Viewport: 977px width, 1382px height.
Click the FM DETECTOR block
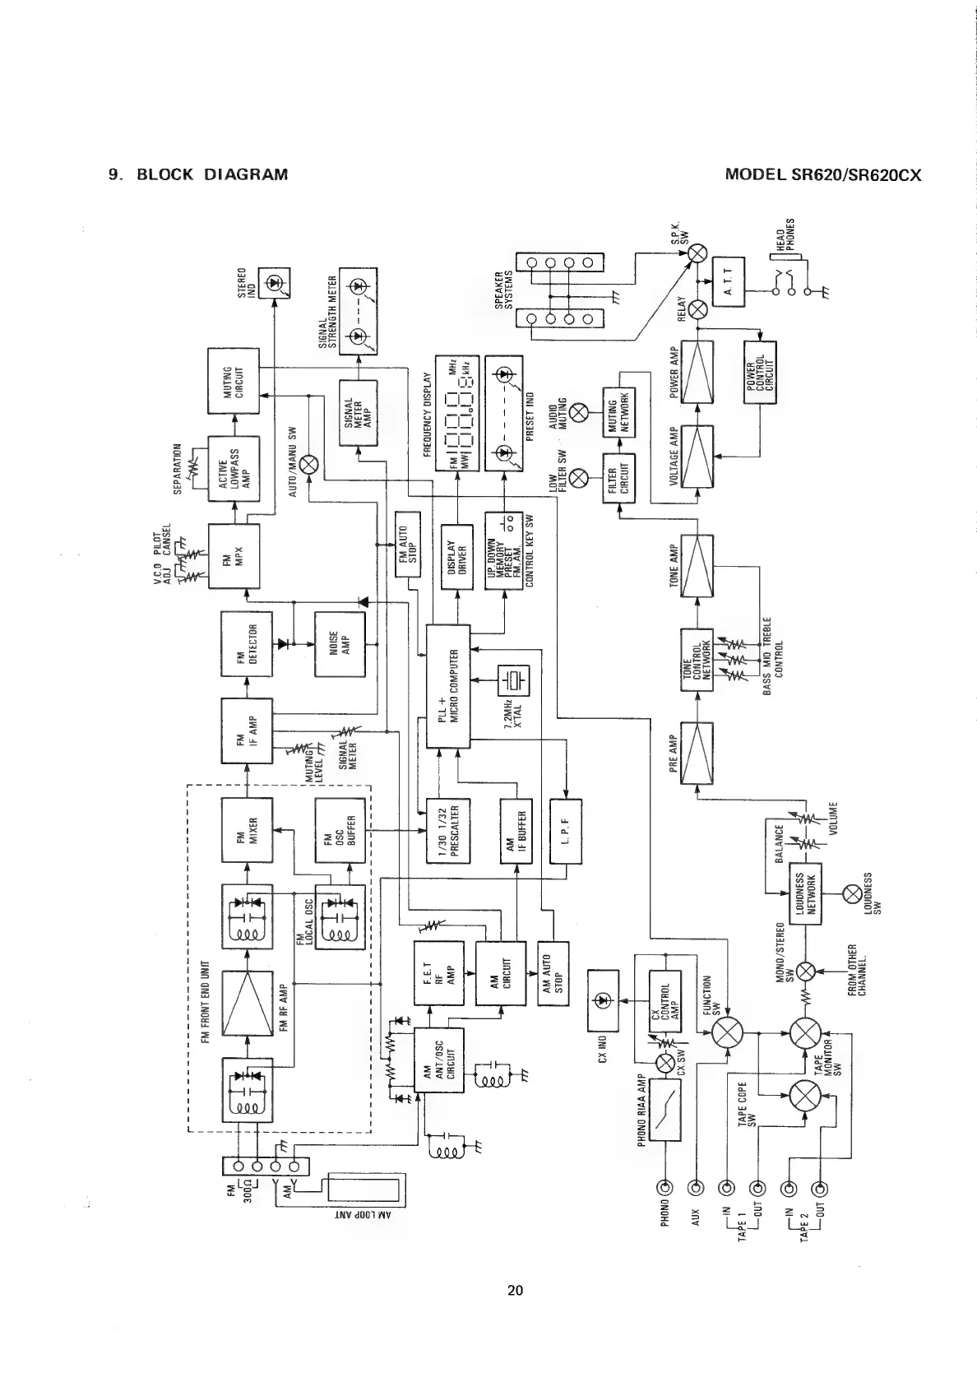pyautogui.click(x=248, y=642)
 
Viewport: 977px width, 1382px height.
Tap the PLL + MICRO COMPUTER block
pyautogui.click(x=448, y=686)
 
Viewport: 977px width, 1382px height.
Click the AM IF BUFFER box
pyautogui.click(x=516, y=831)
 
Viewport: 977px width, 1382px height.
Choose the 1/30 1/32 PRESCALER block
pyautogui.click(x=448, y=831)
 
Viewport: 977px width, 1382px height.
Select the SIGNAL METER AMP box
pyautogui.click(x=358, y=413)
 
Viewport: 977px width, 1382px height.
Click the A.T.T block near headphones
pyautogui.click(x=728, y=281)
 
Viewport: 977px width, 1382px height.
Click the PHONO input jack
pyautogui.click(x=664, y=1187)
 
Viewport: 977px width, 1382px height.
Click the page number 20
pyautogui.click(x=515, y=1290)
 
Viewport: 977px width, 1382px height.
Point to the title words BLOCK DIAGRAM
pyautogui.click(x=211, y=174)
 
